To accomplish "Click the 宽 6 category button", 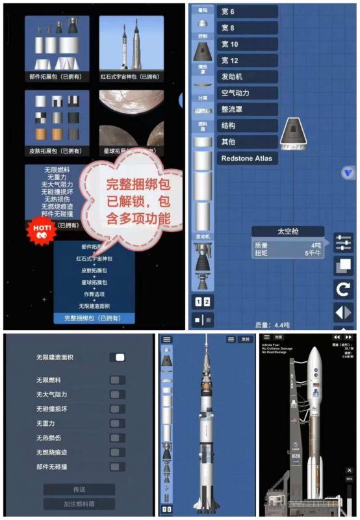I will click(247, 12).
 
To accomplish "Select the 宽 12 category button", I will click(247, 60).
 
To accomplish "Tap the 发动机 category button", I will click(247, 77).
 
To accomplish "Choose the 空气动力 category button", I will click(247, 93).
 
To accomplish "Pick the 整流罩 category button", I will click(247, 109).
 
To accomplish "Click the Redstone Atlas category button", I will click(247, 158).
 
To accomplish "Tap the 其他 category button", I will click(247, 142).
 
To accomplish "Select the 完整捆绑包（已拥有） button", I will click(94, 318).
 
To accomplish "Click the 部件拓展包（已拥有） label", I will click(55, 77).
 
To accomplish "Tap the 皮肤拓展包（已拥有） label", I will click(55, 151).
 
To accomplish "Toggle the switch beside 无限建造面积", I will click(118, 357).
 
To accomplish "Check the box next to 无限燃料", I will click(118, 380).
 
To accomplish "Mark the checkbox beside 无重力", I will click(118, 423).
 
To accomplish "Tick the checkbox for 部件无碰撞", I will click(118, 467).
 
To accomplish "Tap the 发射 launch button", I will click(245, 339).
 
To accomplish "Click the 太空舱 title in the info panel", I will click(288, 231).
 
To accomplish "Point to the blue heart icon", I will click(349, 172).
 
